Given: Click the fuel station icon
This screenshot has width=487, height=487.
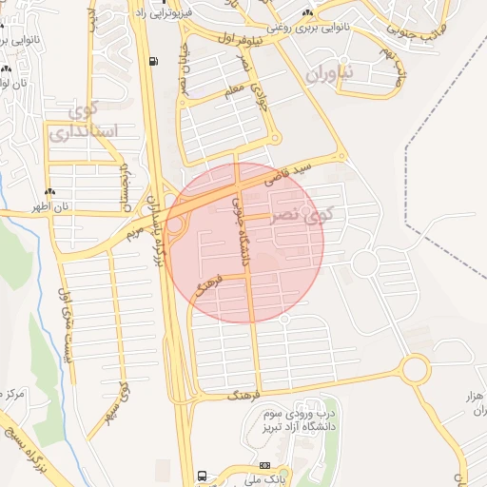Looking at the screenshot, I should [153, 63].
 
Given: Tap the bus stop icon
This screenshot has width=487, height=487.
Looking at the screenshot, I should [202, 475].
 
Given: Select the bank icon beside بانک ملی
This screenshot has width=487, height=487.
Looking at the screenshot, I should [264, 465].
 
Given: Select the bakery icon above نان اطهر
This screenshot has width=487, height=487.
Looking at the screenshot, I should [49, 193].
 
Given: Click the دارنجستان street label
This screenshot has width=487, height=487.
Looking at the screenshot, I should [123, 186].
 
